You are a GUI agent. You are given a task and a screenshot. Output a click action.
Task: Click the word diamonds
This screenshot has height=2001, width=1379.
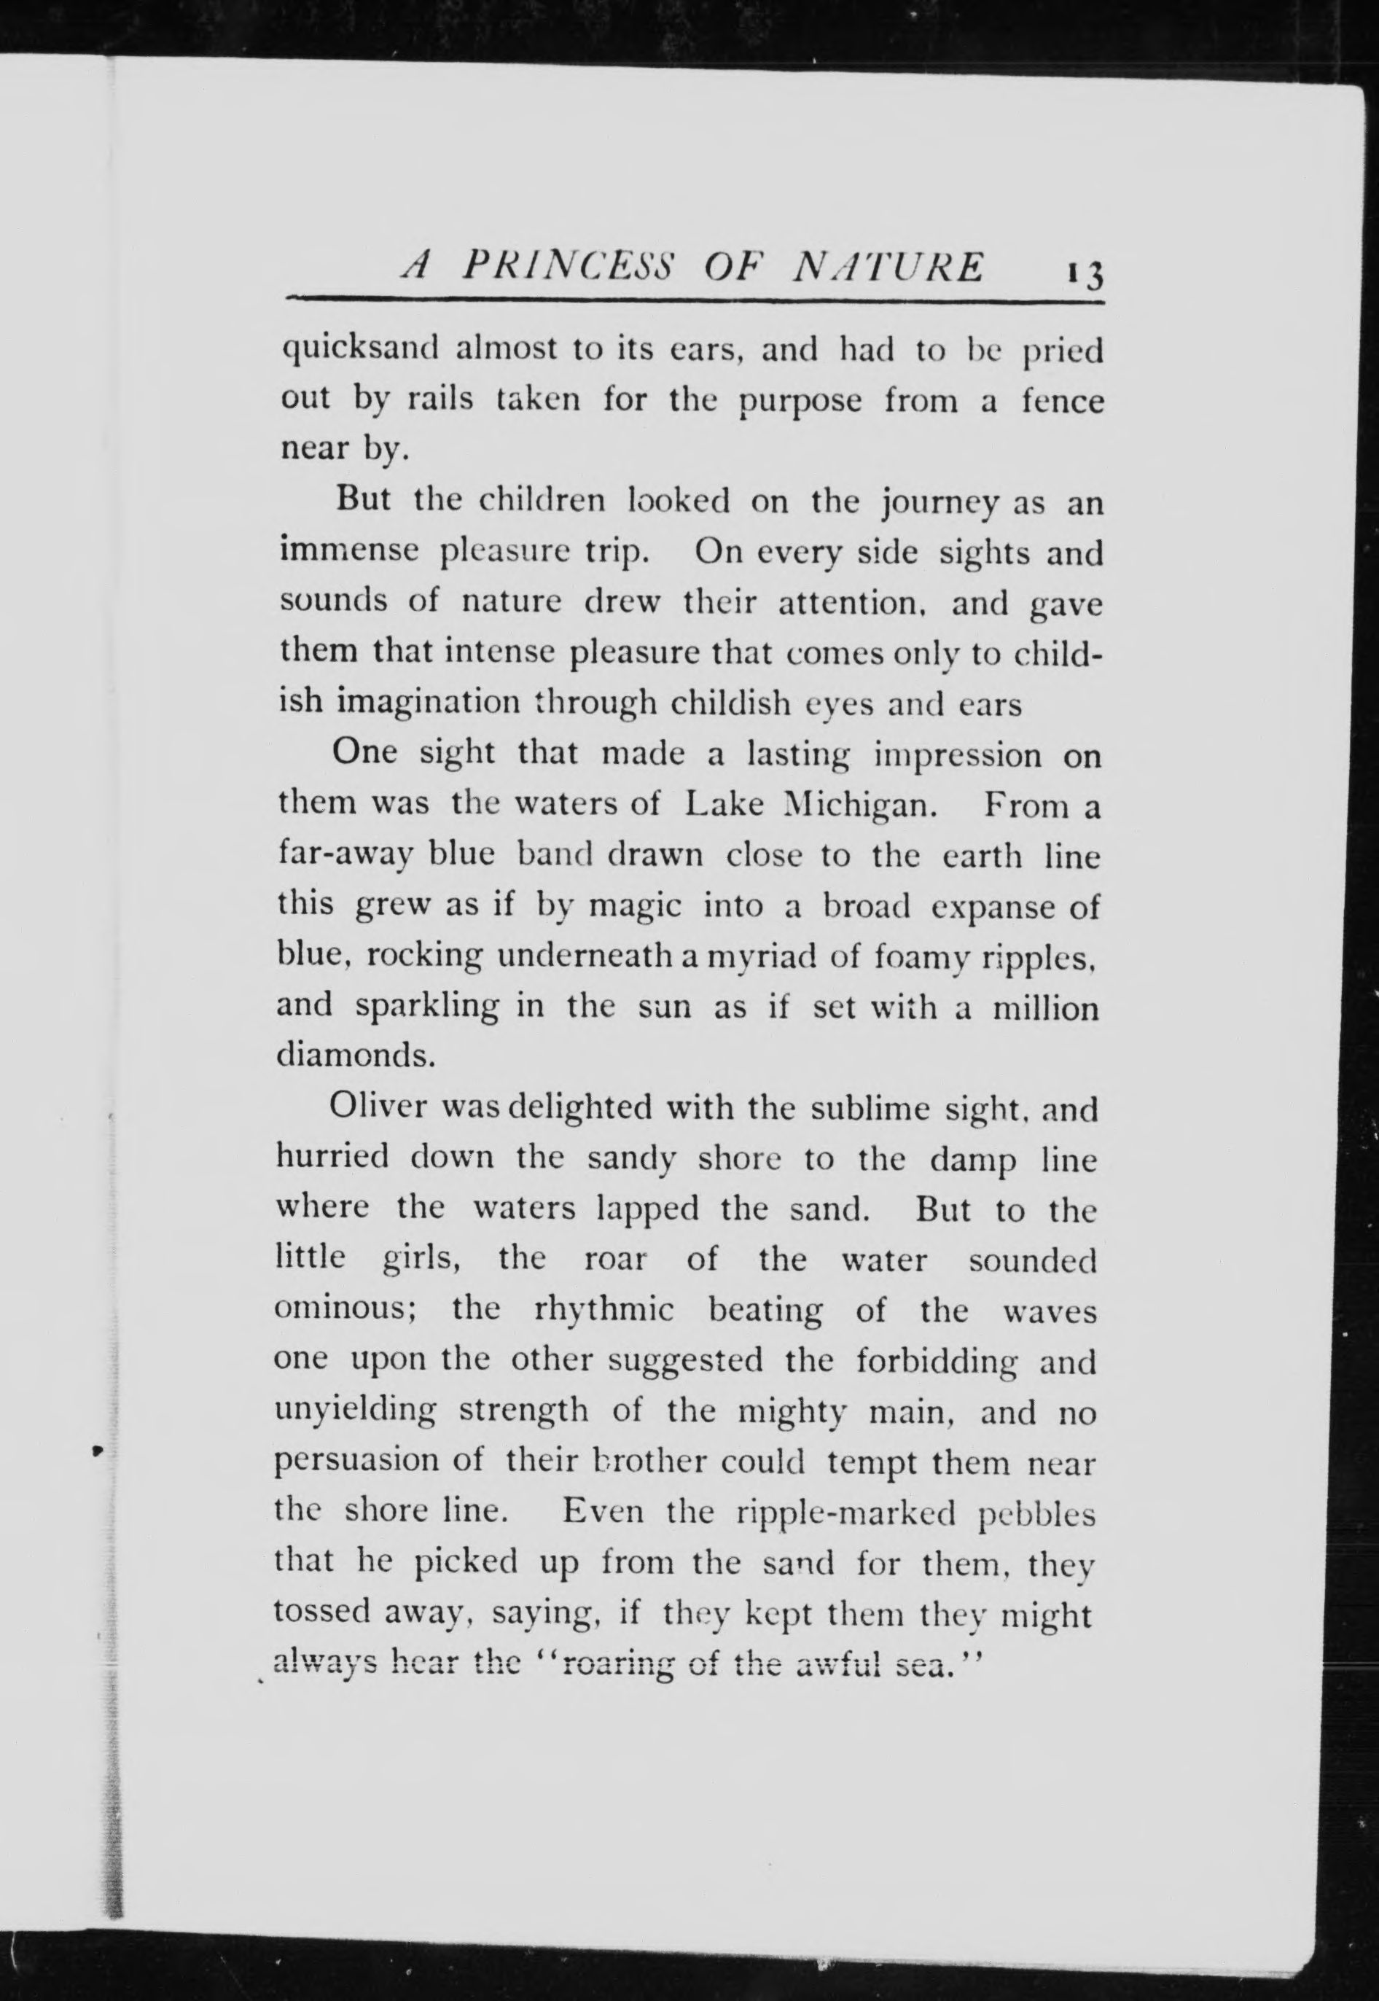354,1056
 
